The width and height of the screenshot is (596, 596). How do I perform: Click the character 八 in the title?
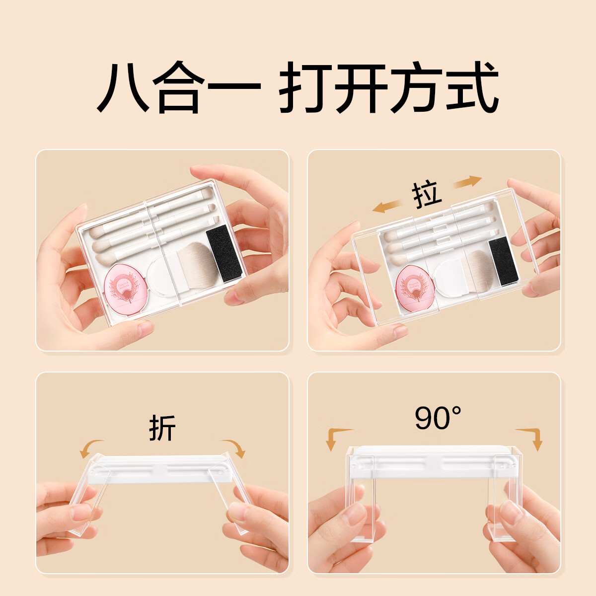pyautogui.click(x=123, y=87)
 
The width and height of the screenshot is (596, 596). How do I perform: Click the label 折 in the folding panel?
pyautogui.click(x=162, y=428)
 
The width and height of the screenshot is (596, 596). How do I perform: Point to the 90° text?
pyautogui.click(x=438, y=418)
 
